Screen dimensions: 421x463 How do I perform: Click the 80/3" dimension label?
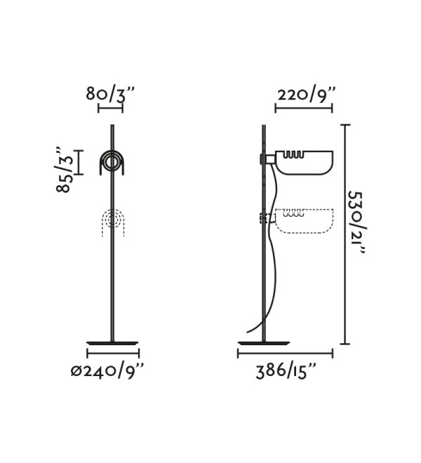(x=110, y=94)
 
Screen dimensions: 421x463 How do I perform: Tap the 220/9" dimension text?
(x=307, y=95)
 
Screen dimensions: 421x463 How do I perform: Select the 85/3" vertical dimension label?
(x=64, y=169)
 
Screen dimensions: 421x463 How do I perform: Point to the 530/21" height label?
(x=356, y=222)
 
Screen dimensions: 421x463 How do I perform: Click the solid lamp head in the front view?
(x=112, y=163)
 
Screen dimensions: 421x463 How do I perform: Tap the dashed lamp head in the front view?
(x=112, y=222)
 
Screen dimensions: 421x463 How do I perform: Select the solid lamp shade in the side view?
(x=305, y=163)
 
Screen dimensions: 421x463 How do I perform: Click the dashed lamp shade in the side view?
(x=305, y=221)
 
